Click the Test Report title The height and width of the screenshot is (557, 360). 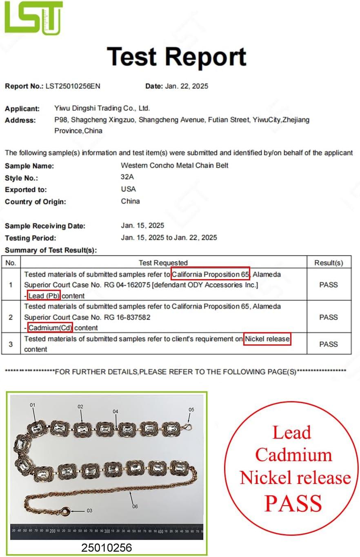(x=177, y=57)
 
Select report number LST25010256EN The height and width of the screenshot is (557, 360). (x=73, y=86)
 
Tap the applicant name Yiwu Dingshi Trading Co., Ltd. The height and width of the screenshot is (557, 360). (x=102, y=109)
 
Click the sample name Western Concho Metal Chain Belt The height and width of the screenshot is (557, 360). (x=175, y=165)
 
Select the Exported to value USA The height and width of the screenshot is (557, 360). (x=129, y=189)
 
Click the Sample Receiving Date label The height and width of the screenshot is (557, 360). (x=45, y=226)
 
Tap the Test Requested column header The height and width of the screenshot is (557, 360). (x=163, y=263)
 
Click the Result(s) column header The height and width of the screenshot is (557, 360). (x=329, y=263)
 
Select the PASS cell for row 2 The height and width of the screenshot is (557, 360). (x=329, y=317)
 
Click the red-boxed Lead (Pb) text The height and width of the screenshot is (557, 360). (x=44, y=295)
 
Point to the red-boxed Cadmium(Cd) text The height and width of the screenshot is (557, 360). (x=50, y=327)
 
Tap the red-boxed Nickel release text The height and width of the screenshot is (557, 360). (x=267, y=339)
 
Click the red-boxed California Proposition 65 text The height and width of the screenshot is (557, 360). (x=210, y=274)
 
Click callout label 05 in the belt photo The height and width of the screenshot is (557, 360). (x=191, y=409)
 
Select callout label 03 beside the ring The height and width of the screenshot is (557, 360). (x=90, y=510)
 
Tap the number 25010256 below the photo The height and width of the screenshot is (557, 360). (x=107, y=547)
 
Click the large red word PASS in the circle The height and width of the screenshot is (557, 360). (x=293, y=503)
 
